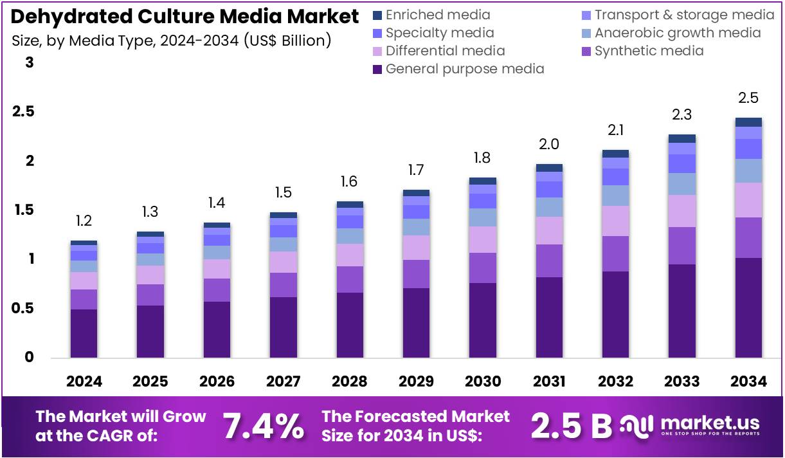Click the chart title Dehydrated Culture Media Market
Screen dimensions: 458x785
tap(185, 16)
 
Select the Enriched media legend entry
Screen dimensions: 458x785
tap(437, 15)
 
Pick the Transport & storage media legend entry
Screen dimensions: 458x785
tap(684, 15)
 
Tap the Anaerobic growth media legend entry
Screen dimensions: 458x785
tap(677, 33)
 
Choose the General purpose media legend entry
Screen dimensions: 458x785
tap(464, 69)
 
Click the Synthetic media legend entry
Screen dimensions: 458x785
tap(649, 51)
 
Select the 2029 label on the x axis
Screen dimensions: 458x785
tap(416, 381)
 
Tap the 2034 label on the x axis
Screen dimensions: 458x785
tap(748, 381)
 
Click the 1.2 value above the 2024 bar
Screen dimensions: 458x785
tap(84, 221)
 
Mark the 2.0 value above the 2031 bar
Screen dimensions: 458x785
tap(549, 145)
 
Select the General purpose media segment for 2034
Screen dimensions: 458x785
tap(748, 307)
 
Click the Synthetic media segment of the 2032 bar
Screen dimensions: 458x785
tap(615, 253)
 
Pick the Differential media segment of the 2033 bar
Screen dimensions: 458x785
tap(681, 210)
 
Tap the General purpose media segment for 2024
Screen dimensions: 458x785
tap(84, 333)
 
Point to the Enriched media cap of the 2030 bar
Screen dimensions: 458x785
tap(482, 181)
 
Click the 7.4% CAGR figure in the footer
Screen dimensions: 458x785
tap(263, 426)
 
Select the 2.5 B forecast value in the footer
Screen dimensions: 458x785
tap(571, 426)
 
